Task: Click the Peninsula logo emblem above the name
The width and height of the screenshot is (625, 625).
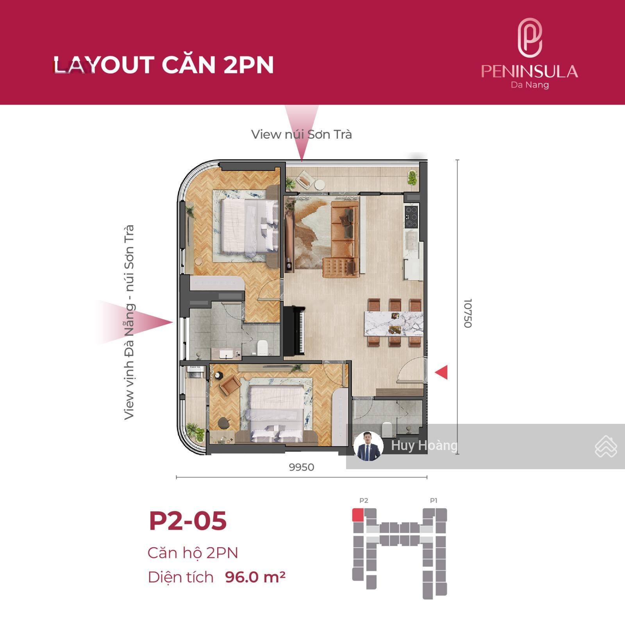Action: pyautogui.click(x=529, y=38)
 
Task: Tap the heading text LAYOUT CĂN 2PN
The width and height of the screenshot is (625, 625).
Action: pyautogui.click(x=163, y=65)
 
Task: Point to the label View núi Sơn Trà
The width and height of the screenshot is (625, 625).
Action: pyautogui.click(x=301, y=134)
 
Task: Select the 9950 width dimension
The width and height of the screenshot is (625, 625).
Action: pyautogui.click(x=301, y=467)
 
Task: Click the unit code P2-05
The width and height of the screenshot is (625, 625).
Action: pyautogui.click(x=187, y=520)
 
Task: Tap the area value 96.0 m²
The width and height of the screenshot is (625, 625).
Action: pyautogui.click(x=255, y=577)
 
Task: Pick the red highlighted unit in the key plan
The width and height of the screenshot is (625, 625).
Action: pyautogui.click(x=358, y=515)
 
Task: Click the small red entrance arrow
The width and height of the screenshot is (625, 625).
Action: pyautogui.click(x=441, y=372)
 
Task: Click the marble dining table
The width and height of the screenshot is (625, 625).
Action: pyautogui.click(x=393, y=323)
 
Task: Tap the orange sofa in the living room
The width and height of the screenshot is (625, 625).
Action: pyautogui.click(x=343, y=238)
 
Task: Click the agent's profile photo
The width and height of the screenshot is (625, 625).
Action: pyautogui.click(x=368, y=446)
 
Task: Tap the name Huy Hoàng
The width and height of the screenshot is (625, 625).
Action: pyautogui.click(x=424, y=446)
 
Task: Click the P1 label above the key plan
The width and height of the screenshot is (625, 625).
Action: pyautogui.click(x=434, y=500)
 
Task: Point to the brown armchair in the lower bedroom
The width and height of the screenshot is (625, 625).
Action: pyautogui.click(x=230, y=384)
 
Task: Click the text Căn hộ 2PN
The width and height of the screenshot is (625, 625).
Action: pyautogui.click(x=193, y=553)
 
